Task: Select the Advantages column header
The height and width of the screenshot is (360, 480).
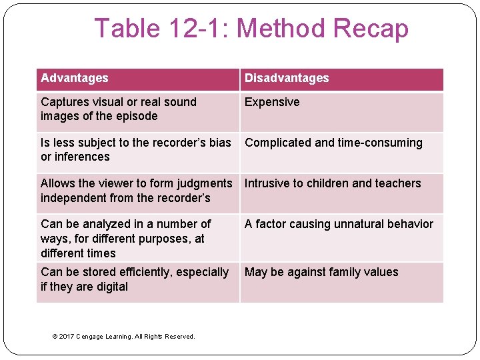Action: pyautogui.click(x=74, y=78)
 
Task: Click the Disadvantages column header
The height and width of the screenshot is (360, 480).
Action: pyautogui.click(x=287, y=78)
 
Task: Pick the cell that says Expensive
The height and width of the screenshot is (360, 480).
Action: pyautogui.click(x=272, y=102)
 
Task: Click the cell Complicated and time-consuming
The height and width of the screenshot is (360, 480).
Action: pyautogui.click(x=333, y=143)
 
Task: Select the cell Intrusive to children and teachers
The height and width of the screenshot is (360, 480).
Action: pyautogui.click(x=333, y=183)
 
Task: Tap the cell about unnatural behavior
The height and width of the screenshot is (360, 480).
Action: pyautogui.click(x=339, y=224)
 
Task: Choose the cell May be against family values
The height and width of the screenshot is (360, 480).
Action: pyautogui.click(x=321, y=272)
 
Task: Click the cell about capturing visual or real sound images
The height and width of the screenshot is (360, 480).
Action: pyautogui.click(x=119, y=109)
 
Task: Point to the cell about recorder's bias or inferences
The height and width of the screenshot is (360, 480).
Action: pyautogui.click(x=135, y=149)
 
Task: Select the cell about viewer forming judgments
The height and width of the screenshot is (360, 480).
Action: pyautogui.click(x=136, y=190)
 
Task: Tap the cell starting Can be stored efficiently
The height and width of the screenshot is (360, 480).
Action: pyautogui.click(x=134, y=279)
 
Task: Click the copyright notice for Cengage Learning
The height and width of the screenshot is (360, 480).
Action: pyautogui.click(x=123, y=336)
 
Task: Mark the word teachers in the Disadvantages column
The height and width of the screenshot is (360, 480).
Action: pyautogui.click(x=398, y=183)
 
